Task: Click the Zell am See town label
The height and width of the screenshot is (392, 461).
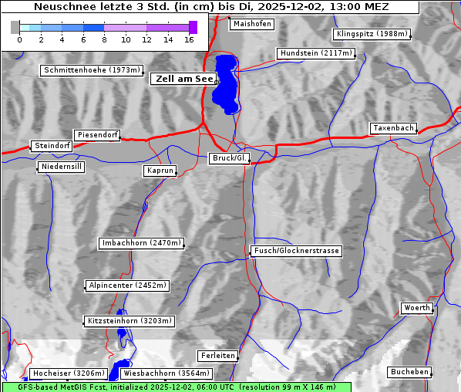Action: pos(183,79)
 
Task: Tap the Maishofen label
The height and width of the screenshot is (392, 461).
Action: pos(251,24)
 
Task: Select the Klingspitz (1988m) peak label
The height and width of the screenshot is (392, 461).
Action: pos(372,34)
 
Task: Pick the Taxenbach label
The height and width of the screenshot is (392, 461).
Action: pos(392,128)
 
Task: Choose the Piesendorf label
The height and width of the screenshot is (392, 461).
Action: pos(96,135)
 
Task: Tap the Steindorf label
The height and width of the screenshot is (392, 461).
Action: pos(52,146)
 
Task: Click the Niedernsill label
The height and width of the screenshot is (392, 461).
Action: pos(60,167)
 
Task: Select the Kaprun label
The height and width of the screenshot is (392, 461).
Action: pos(160,171)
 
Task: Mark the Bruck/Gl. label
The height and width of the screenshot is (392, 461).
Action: pos(230,158)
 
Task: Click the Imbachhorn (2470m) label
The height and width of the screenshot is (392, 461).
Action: pos(142,243)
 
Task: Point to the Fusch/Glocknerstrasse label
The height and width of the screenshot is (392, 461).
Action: pos(297,251)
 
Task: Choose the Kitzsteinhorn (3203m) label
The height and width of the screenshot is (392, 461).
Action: pos(129,320)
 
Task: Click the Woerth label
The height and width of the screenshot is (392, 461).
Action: pos(417,308)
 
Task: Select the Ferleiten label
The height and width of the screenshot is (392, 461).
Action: pos(217,356)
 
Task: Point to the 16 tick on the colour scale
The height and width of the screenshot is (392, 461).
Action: pos(189,39)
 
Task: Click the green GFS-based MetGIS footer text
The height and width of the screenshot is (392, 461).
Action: pos(176,387)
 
